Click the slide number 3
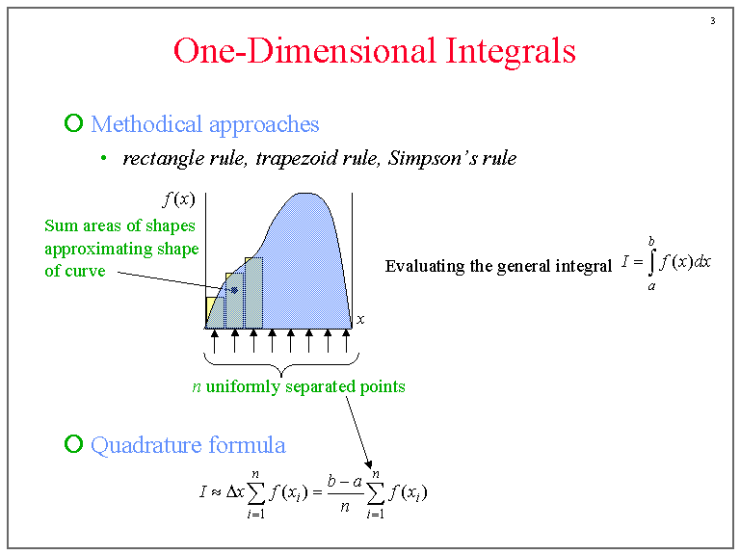click(712, 21)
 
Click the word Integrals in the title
click(511, 50)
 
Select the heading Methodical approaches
click(204, 124)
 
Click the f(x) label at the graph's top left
click(178, 200)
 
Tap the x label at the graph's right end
click(360, 319)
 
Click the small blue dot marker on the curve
click(234, 289)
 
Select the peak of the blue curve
click(306, 194)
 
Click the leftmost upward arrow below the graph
click(215, 340)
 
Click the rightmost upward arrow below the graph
click(346, 340)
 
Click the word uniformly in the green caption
click(242, 387)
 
